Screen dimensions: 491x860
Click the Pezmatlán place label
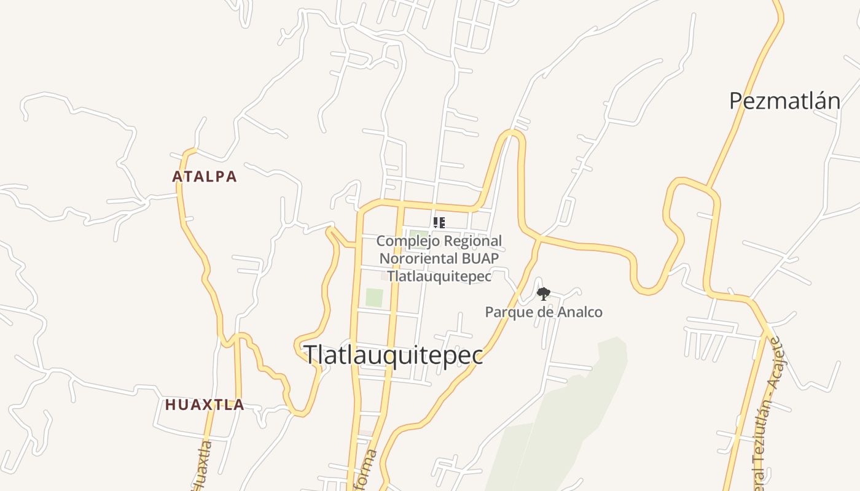click(784, 101)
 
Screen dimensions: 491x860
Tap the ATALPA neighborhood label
click(205, 177)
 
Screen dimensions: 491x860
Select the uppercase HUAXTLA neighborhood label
click(205, 405)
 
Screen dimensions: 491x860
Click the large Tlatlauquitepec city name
click(394, 355)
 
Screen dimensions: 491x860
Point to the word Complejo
click(406, 241)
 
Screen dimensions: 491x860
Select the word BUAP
click(481, 258)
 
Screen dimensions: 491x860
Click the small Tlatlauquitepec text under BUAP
click(439, 276)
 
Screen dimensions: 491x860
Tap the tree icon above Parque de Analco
click(543, 294)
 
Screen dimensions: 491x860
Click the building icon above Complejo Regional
click(439, 223)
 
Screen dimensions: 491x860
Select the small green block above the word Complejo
click(418, 233)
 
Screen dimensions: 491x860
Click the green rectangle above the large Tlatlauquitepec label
click(374, 298)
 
